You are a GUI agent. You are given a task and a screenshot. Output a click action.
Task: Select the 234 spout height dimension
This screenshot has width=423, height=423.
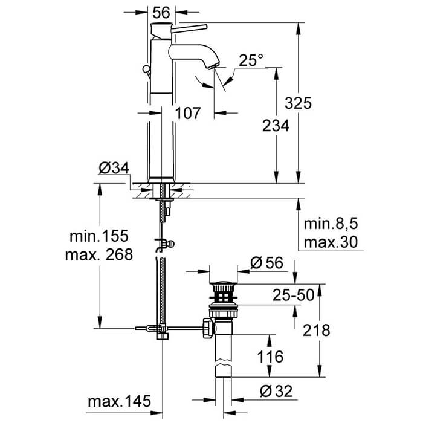[x=276, y=126]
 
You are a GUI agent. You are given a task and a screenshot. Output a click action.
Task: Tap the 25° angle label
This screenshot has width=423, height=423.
[x=251, y=60]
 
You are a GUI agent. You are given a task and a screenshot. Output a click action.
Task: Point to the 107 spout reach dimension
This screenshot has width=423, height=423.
[x=188, y=112]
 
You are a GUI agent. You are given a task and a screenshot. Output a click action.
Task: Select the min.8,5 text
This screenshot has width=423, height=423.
[x=331, y=225]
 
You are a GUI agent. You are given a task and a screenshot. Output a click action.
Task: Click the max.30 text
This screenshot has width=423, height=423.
[x=330, y=242]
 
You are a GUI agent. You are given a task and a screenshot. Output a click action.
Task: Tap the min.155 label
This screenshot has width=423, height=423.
[x=98, y=235]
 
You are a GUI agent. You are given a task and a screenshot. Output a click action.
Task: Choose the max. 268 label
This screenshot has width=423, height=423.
[x=98, y=254]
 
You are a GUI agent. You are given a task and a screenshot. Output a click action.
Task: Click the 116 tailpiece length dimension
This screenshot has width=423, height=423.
[x=267, y=357]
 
